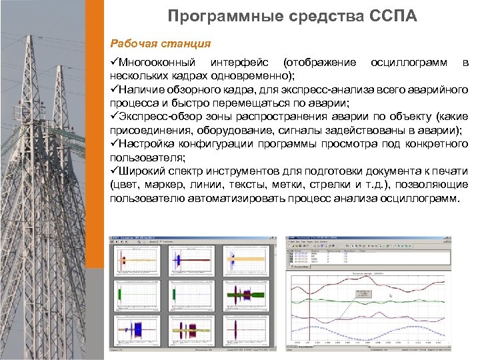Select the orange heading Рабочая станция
(x=161, y=43)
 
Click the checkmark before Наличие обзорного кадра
(x=114, y=90)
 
